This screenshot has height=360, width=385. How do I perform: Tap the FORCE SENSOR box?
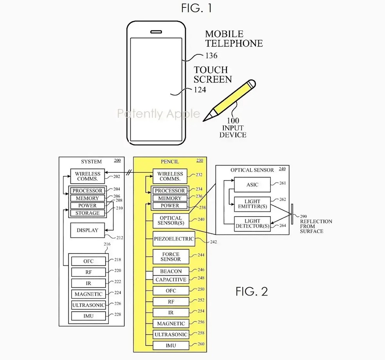[171, 256]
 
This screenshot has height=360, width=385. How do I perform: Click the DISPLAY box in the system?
[87, 230]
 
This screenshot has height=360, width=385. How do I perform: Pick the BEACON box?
[171, 271]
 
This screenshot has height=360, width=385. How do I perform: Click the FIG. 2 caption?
[252, 291]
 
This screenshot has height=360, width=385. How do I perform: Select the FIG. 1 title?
[196, 8]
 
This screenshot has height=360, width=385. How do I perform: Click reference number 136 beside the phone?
[211, 56]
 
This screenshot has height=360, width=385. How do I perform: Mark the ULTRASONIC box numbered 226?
[88, 305]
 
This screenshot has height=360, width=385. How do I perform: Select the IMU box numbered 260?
[171, 345]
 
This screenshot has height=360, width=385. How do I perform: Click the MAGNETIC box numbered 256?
[171, 324]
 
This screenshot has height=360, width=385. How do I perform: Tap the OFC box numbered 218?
[88, 261]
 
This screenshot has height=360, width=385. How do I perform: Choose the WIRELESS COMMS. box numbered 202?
[88, 176]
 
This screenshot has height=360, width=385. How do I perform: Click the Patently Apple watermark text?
[158, 114]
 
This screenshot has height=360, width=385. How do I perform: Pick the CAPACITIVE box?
[171, 279]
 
